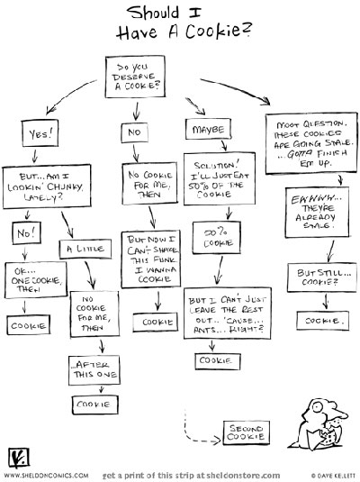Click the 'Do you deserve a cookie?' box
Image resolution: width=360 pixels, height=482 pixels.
(135, 77)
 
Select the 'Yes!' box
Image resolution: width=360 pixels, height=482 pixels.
(40, 133)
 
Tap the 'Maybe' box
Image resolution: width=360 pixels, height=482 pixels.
(208, 129)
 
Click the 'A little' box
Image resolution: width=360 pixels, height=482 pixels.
(85, 249)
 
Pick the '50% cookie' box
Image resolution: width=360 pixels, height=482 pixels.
(217, 237)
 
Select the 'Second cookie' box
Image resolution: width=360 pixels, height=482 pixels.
(247, 432)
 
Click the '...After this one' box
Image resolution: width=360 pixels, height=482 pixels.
(94, 370)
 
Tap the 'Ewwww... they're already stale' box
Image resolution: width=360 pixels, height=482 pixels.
(317, 213)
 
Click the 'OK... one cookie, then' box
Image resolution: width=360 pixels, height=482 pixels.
(36, 279)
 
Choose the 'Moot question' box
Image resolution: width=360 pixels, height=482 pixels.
(311, 143)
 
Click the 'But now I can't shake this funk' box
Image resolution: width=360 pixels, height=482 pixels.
(151, 259)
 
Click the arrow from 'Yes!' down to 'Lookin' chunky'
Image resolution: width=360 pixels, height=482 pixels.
(35, 156)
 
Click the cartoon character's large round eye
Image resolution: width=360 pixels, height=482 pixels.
(318, 407)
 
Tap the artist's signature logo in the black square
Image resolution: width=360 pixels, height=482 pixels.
(19, 459)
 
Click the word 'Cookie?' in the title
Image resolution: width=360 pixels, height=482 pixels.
(219, 31)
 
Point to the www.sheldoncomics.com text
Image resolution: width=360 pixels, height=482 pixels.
(47, 476)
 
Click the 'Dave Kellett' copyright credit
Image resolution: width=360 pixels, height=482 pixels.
(334, 476)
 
